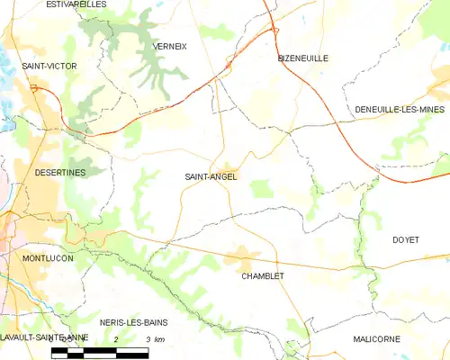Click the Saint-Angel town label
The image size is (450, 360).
point(211,176)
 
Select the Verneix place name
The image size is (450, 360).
point(169,46)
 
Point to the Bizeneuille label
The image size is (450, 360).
point(301,58)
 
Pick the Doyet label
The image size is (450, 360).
point(406,239)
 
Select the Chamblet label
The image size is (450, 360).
point(263,276)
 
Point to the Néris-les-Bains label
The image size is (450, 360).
point(134,321)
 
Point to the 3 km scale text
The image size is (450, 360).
point(153,338)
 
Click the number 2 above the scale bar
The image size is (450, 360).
point(117,338)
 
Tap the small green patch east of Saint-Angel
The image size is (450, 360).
point(261,188)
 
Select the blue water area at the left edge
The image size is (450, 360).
point(4,121)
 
